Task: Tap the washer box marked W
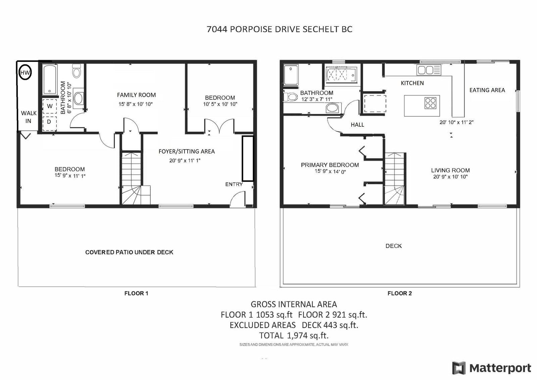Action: pos(50,106)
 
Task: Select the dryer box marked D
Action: pos(50,123)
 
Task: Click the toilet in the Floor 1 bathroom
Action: pos(77,71)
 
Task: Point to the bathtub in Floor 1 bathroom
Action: pos(50,79)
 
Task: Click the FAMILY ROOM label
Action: pos(136,95)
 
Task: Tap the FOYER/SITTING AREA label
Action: pos(187,152)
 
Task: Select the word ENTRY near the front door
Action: pos(234,184)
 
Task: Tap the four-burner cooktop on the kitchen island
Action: pos(430,103)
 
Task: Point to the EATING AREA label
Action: pos(487,90)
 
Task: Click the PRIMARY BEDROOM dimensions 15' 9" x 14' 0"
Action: pos(330,171)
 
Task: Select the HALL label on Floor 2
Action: pos(357,125)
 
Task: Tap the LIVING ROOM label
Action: pos(450,170)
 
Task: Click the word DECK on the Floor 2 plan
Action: pos(394,246)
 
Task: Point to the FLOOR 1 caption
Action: pos(136,293)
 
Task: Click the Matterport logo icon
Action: pos(459,368)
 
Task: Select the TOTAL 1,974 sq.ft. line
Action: pos(294,335)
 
